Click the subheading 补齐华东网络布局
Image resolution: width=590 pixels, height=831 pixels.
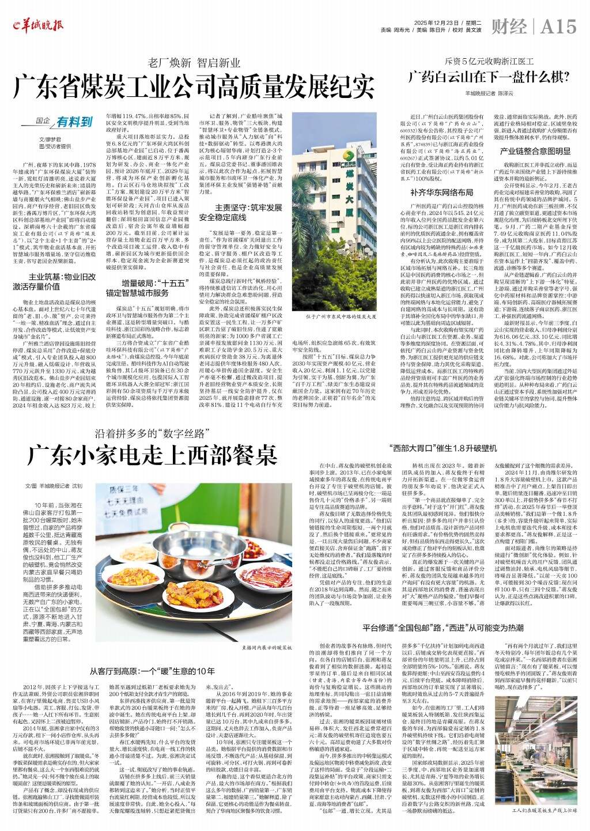click(441, 192)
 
